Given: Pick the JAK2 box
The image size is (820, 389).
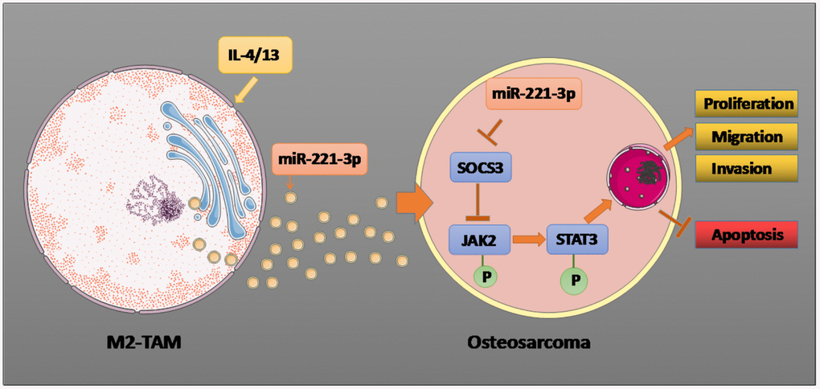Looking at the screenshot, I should pyautogui.click(x=480, y=239).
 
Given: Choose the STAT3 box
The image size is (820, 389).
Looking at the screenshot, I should pyautogui.click(x=576, y=239).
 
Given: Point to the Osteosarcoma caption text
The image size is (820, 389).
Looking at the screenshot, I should pyautogui.click(x=528, y=343).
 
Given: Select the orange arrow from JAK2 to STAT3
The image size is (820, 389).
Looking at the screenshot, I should pyautogui.click(x=527, y=239).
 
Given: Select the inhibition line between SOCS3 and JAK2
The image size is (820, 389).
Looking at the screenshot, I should pyautogui.click(x=480, y=203).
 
